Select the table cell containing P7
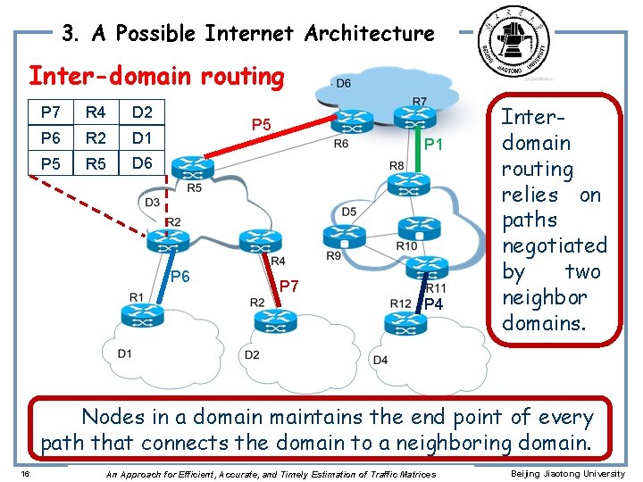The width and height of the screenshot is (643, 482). tap(51, 112)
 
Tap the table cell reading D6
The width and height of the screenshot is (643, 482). tap(142, 163)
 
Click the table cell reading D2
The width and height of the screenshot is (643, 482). tap(142, 112)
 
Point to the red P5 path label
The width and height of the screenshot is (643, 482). tap(261, 124)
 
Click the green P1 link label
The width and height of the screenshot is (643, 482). tap(434, 145)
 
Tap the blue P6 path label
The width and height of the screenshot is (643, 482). tap(180, 277)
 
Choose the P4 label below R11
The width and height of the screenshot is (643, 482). tap(434, 305)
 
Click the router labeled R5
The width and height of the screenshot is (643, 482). tap(189, 167)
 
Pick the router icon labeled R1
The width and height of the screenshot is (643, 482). tap(143, 314)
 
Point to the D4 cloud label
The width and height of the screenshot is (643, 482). tap(380, 360)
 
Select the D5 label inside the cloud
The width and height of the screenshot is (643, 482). tap(349, 212)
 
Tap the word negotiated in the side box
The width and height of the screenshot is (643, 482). tap(554, 245)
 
